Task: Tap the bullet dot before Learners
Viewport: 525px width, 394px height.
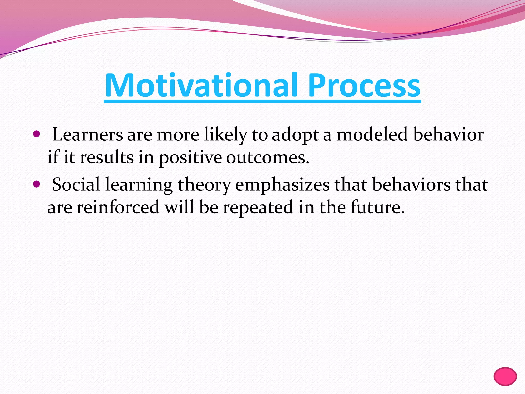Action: pos(37,134)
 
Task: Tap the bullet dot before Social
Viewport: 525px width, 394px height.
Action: pos(37,184)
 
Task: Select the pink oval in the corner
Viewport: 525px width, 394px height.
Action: pos(505,376)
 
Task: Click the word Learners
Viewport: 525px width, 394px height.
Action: pos(87,135)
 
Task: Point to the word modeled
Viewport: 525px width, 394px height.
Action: pos(372,135)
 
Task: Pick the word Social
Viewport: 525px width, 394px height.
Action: pos(76,184)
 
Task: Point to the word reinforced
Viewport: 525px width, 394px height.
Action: pos(118,207)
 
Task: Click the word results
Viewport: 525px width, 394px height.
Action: pos(107,157)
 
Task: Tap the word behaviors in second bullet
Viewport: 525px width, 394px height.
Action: pos(411,184)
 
